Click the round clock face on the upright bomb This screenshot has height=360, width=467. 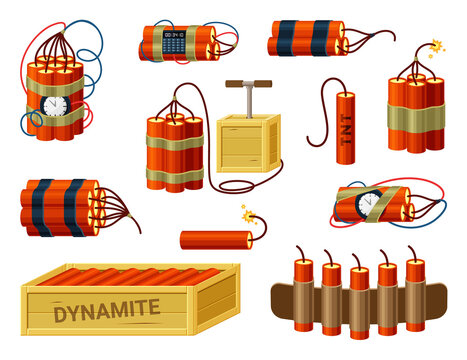click(55, 105)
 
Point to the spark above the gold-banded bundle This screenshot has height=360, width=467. click(435, 46)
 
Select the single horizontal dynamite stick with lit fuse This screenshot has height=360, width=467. click(212, 238)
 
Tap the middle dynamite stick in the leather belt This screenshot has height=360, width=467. click(357, 290)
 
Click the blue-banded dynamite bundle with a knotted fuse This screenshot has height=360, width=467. click(305, 39)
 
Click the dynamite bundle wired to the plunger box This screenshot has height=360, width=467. click(174, 153)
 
